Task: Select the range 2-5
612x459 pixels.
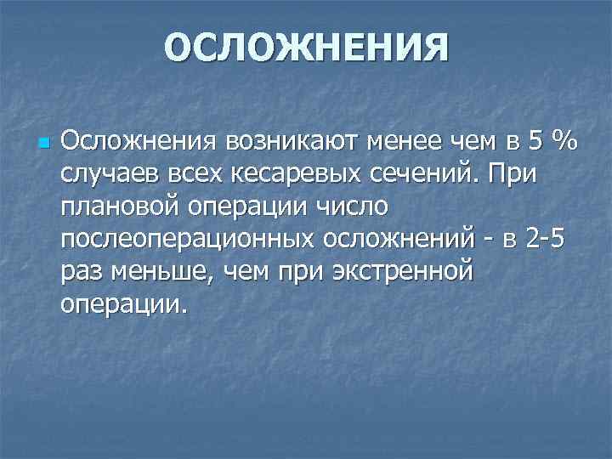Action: click(545, 240)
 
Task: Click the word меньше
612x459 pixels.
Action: click(160, 273)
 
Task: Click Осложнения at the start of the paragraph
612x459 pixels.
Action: click(139, 140)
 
